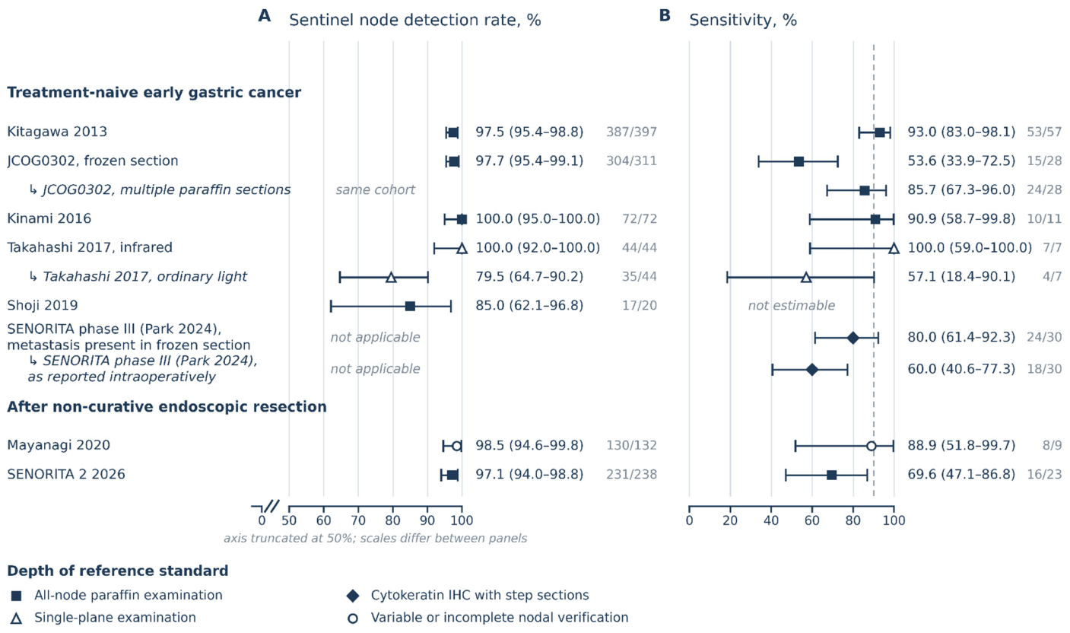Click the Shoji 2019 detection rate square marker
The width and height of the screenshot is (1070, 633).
click(x=410, y=306)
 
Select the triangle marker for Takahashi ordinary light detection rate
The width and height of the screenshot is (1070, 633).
click(x=391, y=277)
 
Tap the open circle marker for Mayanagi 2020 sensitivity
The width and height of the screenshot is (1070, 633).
click(x=872, y=446)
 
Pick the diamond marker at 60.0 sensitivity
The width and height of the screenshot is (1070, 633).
click(x=811, y=369)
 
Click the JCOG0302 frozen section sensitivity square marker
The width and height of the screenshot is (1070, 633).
click(x=799, y=161)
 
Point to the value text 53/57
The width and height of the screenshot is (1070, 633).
click(x=1044, y=132)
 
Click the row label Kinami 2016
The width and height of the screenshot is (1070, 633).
click(x=49, y=219)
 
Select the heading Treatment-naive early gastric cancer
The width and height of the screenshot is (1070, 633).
click(x=154, y=93)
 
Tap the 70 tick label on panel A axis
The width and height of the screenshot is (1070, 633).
click(x=358, y=520)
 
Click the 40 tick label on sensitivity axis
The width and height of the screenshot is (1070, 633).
click(x=771, y=520)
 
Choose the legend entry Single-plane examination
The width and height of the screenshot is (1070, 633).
click(x=115, y=618)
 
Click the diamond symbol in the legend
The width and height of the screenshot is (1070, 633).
click(x=353, y=596)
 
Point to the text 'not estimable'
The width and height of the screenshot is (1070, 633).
click(x=792, y=306)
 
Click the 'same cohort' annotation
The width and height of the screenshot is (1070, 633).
click(x=375, y=190)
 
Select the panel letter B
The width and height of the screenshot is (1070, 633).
click(x=665, y=16)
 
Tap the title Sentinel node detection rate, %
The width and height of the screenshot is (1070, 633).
click(x=414, y=20)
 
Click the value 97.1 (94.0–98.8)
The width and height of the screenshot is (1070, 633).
click(x=529, y=475)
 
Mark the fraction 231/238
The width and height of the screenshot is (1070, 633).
click(x=631, y=475)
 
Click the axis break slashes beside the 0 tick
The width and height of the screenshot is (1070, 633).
click(x=271, y=507)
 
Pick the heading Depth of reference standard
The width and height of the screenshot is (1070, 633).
click(x=118, y=571)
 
